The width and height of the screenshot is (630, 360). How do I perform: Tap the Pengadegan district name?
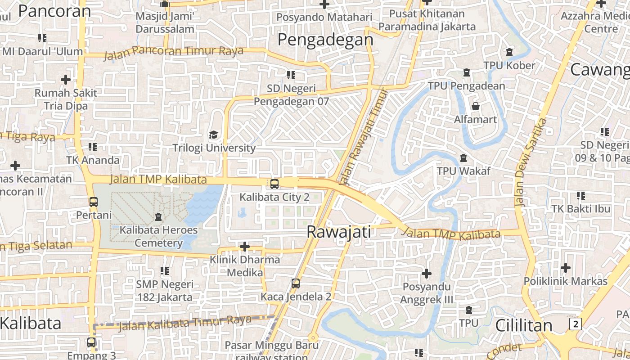point(325,40)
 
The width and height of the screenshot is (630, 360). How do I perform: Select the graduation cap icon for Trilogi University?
point(214,135)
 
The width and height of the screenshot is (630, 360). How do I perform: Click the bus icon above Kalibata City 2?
point(274,184)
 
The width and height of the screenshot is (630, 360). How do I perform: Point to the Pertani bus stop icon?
point(93,202)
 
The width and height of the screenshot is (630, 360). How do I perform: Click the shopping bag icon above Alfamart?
point(475,106)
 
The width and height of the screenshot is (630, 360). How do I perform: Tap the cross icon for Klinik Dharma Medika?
point(244,247)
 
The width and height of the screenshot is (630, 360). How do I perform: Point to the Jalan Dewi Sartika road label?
point(531,162)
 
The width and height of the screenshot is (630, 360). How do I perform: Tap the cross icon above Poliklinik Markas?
point(565,268)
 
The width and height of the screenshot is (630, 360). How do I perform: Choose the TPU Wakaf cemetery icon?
point(463,157)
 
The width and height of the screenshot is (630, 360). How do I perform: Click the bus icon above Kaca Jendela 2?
point(295,283)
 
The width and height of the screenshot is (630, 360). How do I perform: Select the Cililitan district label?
point(523,325)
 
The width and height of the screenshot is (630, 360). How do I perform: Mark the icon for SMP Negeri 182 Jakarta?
point(165,271)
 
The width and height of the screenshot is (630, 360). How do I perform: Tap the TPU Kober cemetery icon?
point(509,52)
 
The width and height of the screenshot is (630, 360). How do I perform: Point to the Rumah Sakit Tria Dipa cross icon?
point(66,80)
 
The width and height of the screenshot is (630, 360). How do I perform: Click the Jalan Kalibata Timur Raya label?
point(184,323)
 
